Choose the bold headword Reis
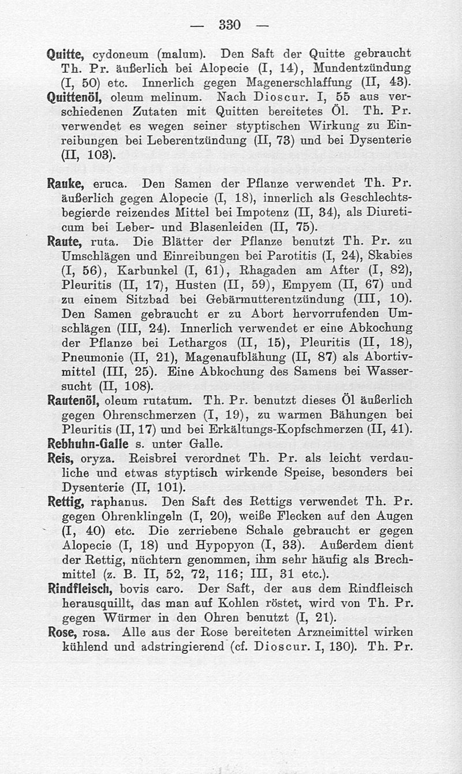(x=59, y=459)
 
